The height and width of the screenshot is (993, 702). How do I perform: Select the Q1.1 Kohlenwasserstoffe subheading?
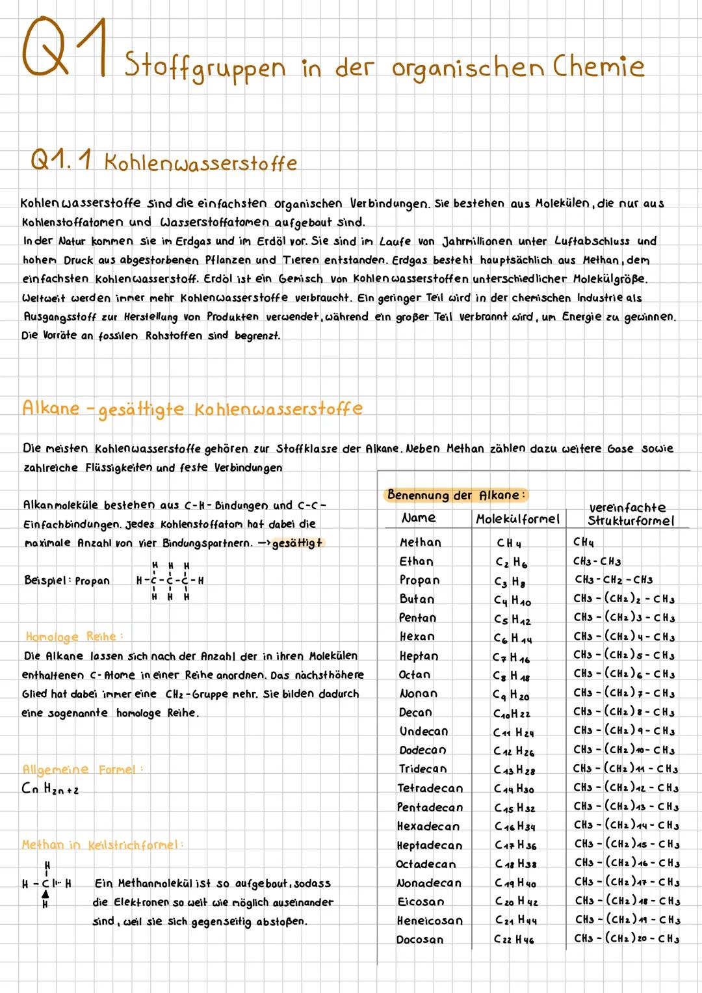[163, 162]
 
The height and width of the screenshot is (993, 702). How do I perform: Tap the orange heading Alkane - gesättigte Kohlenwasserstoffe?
[192, 409]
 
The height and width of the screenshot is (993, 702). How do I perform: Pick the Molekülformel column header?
[517, 519]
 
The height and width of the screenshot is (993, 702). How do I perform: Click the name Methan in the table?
[420, 542]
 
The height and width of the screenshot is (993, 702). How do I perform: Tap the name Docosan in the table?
[420, 940]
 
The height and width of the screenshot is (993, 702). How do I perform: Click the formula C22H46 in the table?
[513, 940]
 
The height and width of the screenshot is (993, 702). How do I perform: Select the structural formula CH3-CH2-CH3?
[613, 579]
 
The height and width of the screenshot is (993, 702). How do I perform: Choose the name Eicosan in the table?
[421, 902]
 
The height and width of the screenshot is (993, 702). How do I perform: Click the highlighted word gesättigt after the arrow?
[297, 543]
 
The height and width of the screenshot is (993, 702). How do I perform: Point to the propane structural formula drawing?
[169, 581]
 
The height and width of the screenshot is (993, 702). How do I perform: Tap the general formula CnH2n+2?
[50, 789]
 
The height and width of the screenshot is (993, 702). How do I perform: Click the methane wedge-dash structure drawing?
[47, 884]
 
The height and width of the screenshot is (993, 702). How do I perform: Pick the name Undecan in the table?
[423, 732]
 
